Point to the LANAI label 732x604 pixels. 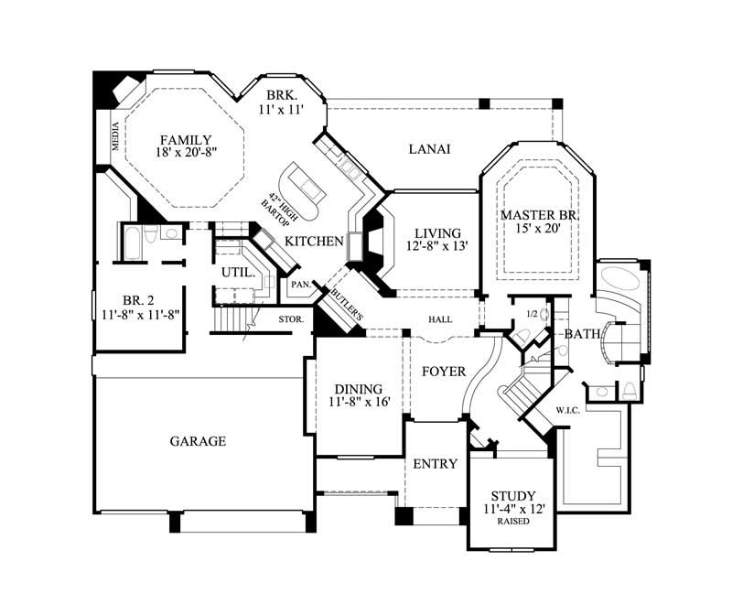pos(429,149)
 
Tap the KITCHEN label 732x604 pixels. pos(313,241)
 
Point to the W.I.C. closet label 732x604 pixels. pos(567,410)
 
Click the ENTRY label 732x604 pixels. pos(435,464)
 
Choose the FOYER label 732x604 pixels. pos(444,372)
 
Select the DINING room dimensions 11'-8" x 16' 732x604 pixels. pos(358,403)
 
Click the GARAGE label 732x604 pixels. pos(198,441)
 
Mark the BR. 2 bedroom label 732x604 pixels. pos(138,299)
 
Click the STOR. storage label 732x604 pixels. pos(292,318)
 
